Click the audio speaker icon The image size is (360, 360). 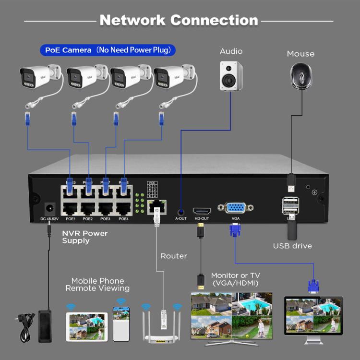point(230,76)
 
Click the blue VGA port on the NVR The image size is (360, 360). point(235,208)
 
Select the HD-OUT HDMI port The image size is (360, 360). point(202,211)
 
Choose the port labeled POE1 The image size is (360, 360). point(71,209)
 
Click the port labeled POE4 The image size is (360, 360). point(123,209)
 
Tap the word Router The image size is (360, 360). point(174,256)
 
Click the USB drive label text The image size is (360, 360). point(292,246)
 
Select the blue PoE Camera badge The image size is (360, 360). point(108,50)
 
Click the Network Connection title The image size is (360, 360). point(179,20)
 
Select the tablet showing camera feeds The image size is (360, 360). point(86,326)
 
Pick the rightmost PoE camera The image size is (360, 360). point(173,76)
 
